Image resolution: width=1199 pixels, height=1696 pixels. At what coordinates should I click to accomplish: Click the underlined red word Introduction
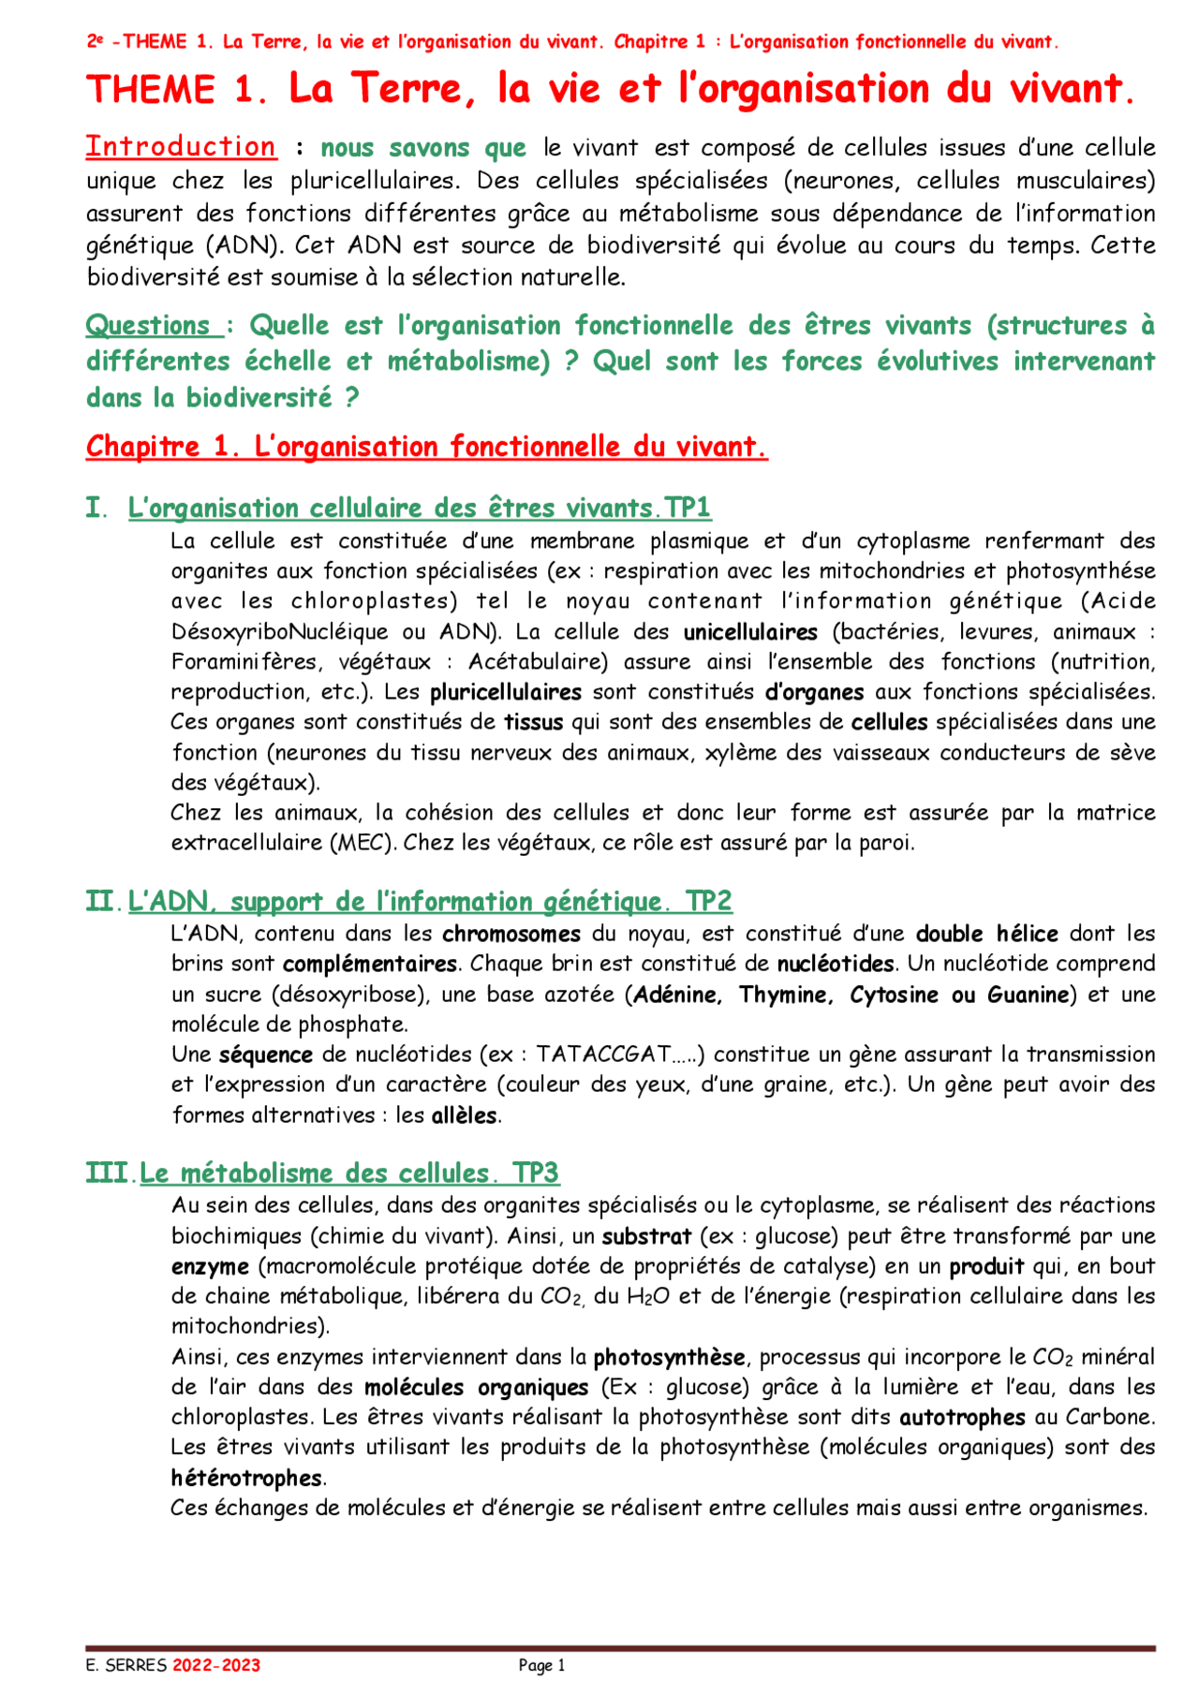click(x=181, y=147)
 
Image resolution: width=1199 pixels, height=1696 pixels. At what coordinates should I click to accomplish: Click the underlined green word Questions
click(x=148, y=326)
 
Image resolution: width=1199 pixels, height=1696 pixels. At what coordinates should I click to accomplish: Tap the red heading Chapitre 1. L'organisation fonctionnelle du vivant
click(x=426, y=447)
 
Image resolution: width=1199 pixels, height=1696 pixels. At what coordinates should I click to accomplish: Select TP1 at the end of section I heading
click(x=688, y=508)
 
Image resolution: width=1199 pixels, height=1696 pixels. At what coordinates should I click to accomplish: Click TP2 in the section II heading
click(x=708, y=901)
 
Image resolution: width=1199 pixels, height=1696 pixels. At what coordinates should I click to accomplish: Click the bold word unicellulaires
click(x=750, y=632)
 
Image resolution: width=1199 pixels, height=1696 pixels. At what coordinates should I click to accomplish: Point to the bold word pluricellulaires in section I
click(x=506, y=692)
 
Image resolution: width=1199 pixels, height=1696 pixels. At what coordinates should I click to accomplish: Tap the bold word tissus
click(x=534, y=722)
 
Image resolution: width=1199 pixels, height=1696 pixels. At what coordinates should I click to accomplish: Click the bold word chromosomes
click(x=511, y=934)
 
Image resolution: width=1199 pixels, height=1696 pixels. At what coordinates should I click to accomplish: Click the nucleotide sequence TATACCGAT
click(x=603, y=1054)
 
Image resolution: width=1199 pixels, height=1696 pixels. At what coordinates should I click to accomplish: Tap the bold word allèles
click(x=465, y=1115)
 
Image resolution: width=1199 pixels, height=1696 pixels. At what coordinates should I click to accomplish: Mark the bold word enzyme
click(x=210, y=1267)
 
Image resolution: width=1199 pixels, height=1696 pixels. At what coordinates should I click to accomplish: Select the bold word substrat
click(x=646, y=1236)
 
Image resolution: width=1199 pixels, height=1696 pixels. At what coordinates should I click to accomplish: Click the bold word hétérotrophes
click(x=246, y=1478)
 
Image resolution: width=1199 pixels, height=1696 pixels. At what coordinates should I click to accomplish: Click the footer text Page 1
click(x=541, y=1665)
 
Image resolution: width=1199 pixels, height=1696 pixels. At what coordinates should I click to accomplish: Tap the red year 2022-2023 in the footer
click(x=216, y=1665)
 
